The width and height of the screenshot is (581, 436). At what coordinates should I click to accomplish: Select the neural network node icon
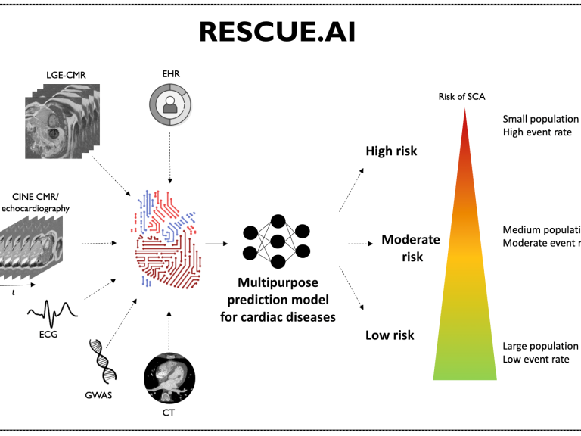point(277,241)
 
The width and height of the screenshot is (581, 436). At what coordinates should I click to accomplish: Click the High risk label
point(391,151)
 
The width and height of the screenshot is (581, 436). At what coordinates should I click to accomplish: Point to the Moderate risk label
point(411,248)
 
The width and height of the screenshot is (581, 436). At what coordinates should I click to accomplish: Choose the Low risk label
point(389,335)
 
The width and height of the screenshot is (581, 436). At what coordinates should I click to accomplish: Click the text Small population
point(540,119)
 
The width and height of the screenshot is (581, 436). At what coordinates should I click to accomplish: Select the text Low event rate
point(536,359)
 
